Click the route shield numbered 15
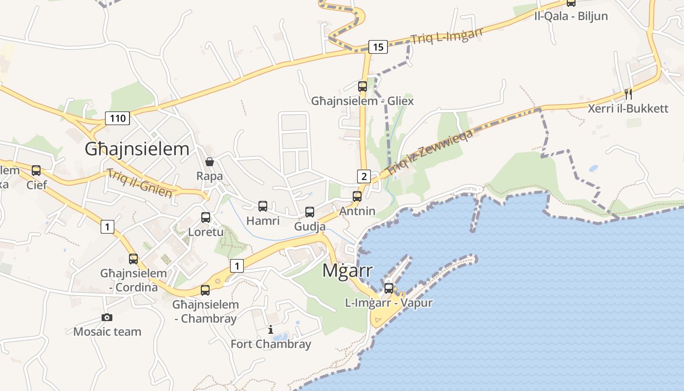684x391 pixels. click(x=378, y=47)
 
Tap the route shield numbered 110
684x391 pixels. click(x=117, y=118)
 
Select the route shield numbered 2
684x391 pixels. click(x=363, y=176)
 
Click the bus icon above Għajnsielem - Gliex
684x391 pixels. click(x=362, y=87)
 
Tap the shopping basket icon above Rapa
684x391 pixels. click(x=210, y=162)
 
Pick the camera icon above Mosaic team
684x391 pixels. click(x=107, y=318)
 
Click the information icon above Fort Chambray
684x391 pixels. click(x=271, y=330)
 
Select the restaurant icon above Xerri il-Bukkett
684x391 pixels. click(x=628, y=94)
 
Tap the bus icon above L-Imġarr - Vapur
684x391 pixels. click(x=389, y=288)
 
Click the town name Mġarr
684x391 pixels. click(x=347, y=270)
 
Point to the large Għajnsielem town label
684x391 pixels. click(x=137, y=149)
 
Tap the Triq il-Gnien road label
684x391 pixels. click(x=140, y=183)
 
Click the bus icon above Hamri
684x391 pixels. click(x=263, y=206)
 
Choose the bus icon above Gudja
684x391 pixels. click(x=310, y=212)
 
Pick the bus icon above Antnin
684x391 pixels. click(x=357, y=196)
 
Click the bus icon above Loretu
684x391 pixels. click(x=206, y=217)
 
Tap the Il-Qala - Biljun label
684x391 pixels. click(x=571, y=16)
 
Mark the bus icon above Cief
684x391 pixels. click(x=36, y=171)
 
